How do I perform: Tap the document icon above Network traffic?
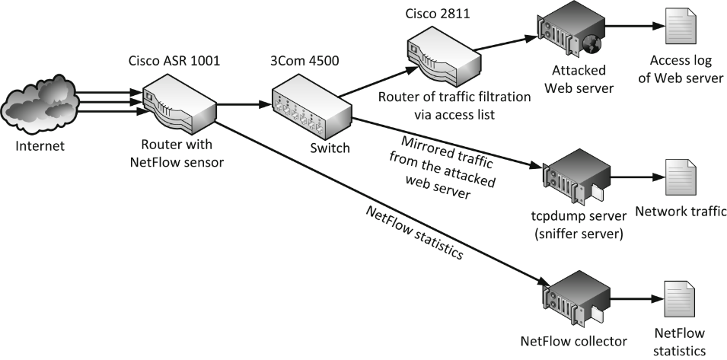tap(679, 179)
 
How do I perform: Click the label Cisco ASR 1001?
tap(174, 61)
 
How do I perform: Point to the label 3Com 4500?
tap(311, 61)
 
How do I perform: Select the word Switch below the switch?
tap(330, 148)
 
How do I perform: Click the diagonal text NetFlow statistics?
tap(415, 232)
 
